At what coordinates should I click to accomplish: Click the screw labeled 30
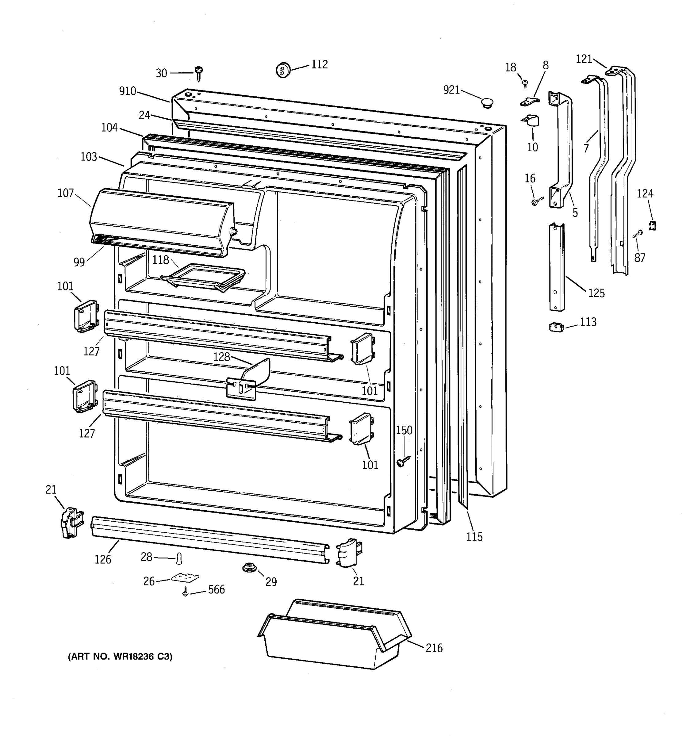pyautogui.click(x=199, y=73)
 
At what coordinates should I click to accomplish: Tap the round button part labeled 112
pyautogui.click(x=283, y=70)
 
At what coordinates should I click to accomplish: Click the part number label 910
pyautogui.click(x=128, y=91)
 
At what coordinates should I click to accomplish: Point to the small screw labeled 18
pyautogui.click(x=524, y=84)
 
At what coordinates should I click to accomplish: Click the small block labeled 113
pyautogui.click(x=556, y=327)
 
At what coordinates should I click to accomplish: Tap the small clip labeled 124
pyautogui.click(x=653, y=225)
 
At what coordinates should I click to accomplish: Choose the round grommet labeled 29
pyautogui.click(x=249, y=567)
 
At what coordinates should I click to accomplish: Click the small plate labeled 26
pyautogui.click(x=185, y=577)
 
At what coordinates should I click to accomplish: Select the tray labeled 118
pyautogui.click(x=203, y=277)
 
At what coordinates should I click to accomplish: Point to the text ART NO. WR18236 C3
pyautogui.click(x=120, y=656)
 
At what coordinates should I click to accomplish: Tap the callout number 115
pyautogui.click(x=474, y=536)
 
